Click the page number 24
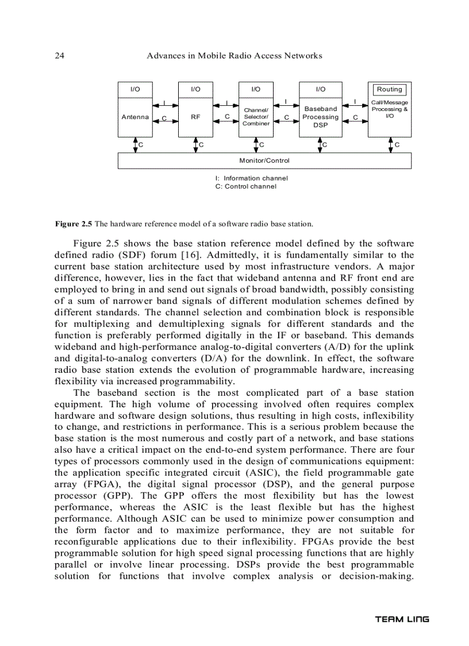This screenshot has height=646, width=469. pos(59,56)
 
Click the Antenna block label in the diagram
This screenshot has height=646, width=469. pos(134,117)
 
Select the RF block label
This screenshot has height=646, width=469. pos(195,117)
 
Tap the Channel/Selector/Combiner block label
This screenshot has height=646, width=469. pos(256,116)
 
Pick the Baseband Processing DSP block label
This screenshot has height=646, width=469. pos(321,117)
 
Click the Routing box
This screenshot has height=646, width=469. pos(390,90)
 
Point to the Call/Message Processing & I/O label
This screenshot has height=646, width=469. pos(390,109)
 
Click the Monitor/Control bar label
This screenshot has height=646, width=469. pos(264,160)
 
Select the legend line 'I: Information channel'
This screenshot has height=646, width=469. pos(252,178)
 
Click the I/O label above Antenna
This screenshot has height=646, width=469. pos(134,89)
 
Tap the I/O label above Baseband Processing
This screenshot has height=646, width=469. pos(321,89)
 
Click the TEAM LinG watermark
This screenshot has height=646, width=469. pos(402,620)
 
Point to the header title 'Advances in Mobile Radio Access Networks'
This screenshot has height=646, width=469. pos(234,56)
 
